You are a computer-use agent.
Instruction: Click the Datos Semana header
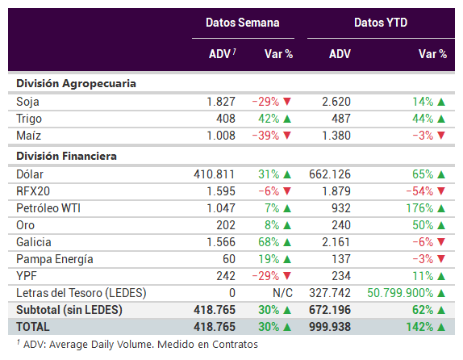[x=243, y=23]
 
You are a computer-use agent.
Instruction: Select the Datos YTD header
[x=381, y=23]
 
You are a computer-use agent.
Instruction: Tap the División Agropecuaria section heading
[x=76, y=84]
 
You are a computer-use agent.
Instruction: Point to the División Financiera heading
[x=66, y=156]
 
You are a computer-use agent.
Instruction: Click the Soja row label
[x=27, y=102]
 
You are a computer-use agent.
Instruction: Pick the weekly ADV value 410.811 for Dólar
[x=215, y=174]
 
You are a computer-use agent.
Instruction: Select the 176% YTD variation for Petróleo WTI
[x=419, y=208]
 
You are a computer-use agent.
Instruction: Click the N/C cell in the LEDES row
[x=282, y=293]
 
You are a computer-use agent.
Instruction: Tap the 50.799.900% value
[x=400, y=293]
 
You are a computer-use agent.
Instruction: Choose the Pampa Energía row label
[x=55, y=259]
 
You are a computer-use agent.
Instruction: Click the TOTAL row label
[x=33, y=327]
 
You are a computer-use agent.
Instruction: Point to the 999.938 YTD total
[x=330, y=327]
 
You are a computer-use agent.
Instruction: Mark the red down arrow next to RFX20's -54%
[x=441, y=191]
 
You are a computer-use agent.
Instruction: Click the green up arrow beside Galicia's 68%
[x=287, y=242]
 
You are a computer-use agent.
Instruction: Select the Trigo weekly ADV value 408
[x=226, y=119]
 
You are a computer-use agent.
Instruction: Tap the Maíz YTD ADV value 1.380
[x=336, y=136]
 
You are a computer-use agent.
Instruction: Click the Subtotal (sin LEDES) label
[x=69, y=310]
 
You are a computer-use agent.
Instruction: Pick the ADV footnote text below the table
[x=137, y=345]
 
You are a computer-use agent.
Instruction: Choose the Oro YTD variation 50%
[x=423, y=225]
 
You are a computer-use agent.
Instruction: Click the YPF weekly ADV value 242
[x=226, y=276]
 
